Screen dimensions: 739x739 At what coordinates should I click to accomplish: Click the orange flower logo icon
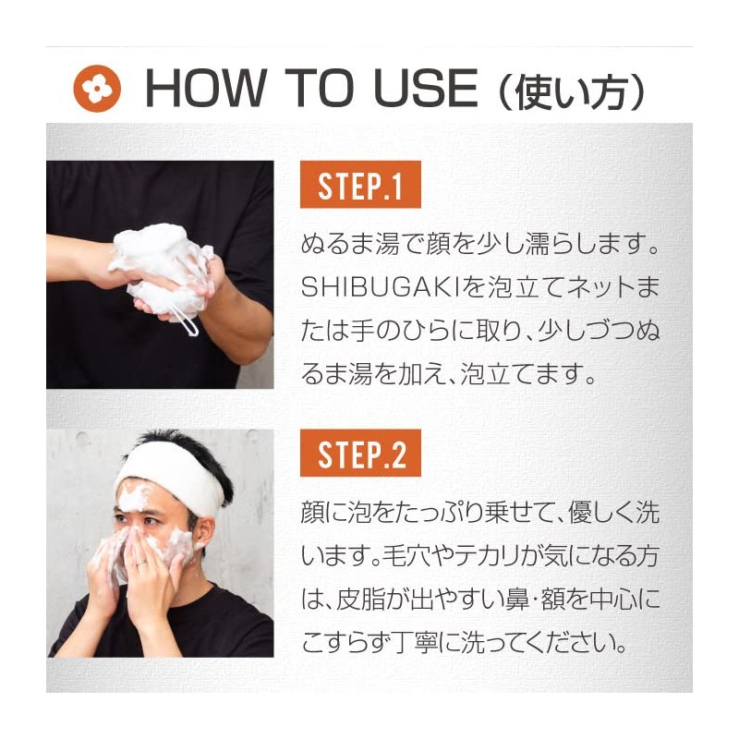click(x=97, y=88)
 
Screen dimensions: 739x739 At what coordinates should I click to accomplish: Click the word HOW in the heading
click(x=205, y=88)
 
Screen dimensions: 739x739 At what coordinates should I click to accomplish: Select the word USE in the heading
click(x=426, y=88)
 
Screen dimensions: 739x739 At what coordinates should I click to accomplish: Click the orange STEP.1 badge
click(x=360, y=184)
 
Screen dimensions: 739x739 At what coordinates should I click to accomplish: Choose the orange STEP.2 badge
click(x=360, y=453)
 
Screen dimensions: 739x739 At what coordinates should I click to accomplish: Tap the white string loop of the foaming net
click(x=188, y=321)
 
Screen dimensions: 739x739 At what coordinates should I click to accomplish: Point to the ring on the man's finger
click(x=142, y=561)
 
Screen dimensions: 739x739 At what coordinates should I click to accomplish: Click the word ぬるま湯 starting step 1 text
click(x=350, y=245)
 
